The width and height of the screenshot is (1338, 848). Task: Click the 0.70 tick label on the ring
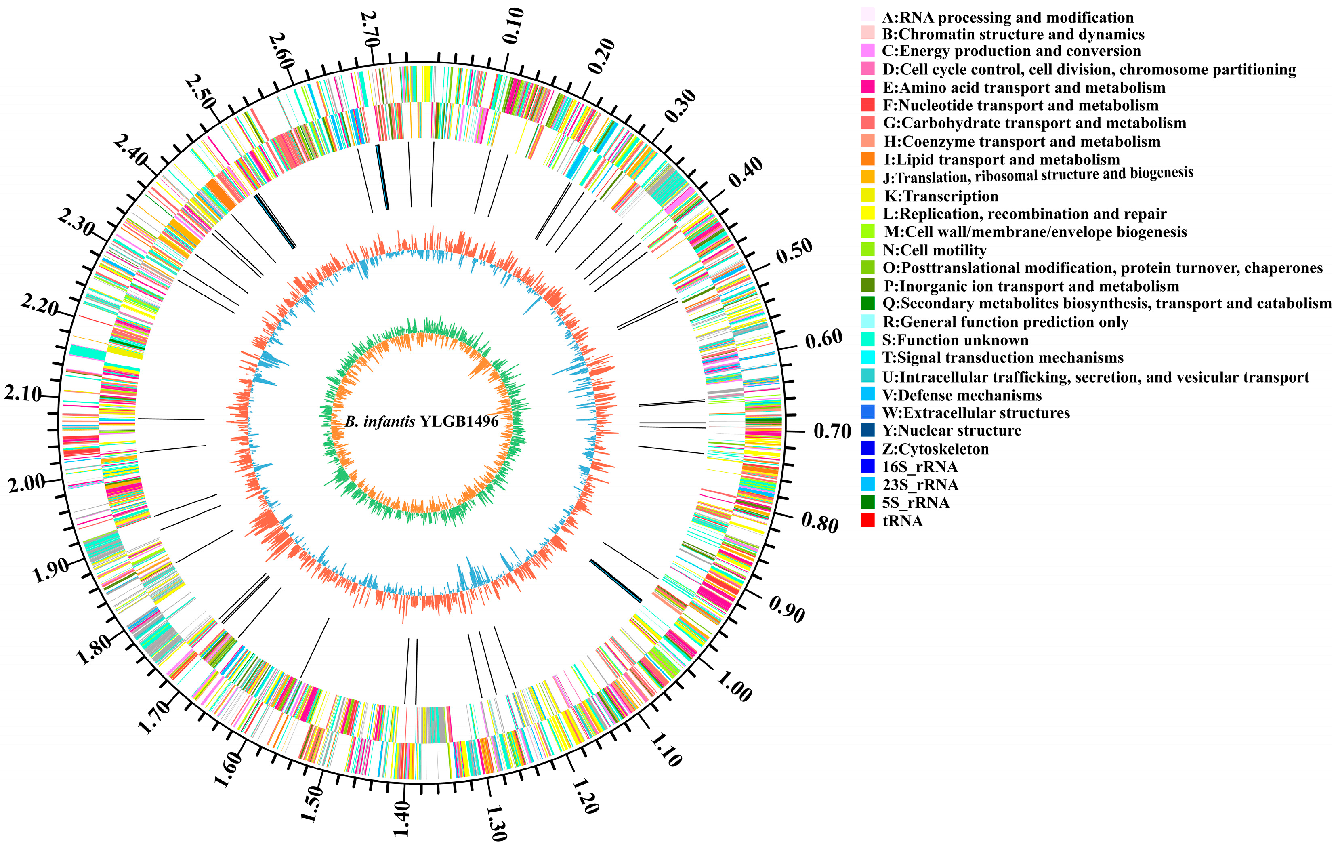pyautogui.click(x=832, y=431)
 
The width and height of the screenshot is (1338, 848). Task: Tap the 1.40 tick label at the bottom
pyautogui.click(x=401, y=818)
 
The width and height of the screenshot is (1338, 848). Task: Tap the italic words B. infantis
pyautogui.click(x=380, y=421)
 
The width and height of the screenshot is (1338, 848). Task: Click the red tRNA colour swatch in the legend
pyautogui.click(x=867, y=521)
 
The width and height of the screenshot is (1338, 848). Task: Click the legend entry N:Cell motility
pyautogui.click(x=935, y=250)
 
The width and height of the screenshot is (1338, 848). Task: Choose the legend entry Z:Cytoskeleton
pyautogui.click(x=935, y=448)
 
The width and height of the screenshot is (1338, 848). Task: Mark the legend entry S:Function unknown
pyautogui.click(x=955, y=340)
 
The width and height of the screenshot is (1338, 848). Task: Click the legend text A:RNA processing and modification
pyautogui.click(x=1007, y=17)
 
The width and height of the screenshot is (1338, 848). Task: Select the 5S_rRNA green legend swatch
pyautogui.click(x=867, y=502)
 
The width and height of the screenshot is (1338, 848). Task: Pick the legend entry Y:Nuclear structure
pyautogui.click(x=951, y=431)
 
